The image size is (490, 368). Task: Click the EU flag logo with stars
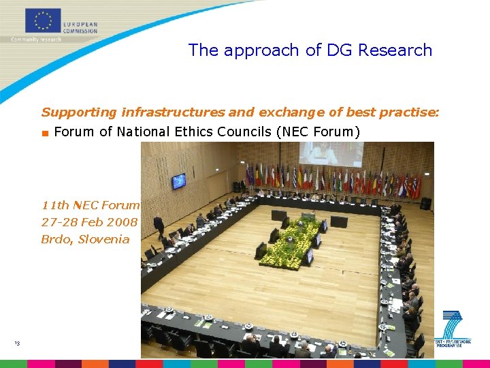[44, 20]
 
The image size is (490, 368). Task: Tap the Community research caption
[36, 40]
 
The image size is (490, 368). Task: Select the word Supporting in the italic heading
[79, 112]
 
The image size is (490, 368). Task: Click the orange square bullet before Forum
[45, 132]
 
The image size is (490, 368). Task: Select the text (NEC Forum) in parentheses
[317, 132]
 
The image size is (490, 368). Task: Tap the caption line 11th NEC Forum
[90, 204]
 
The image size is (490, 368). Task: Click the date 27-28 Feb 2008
[89, 222]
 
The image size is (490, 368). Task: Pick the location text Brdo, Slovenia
[85, 239]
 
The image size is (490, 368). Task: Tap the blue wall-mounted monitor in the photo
[178, 181]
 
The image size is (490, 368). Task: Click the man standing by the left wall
[159, 225]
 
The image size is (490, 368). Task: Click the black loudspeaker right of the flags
[426, 203]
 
